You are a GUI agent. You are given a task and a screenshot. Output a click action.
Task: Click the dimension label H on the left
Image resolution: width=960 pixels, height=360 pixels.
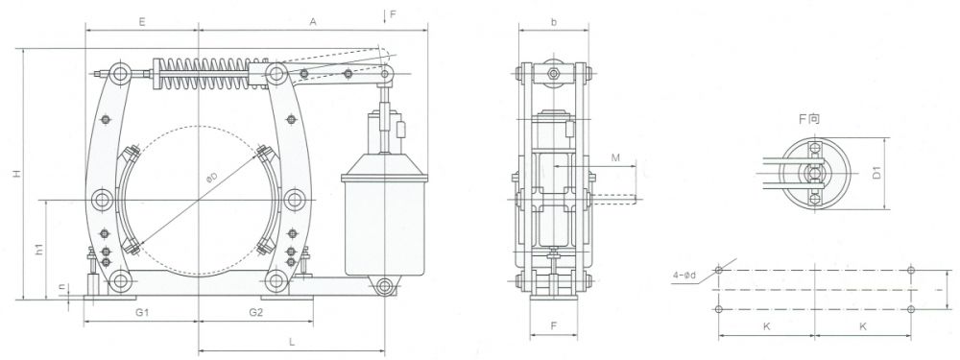[x=17, y=174]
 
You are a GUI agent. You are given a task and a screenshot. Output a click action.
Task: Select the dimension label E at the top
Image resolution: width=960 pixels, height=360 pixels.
[x=141, y=21]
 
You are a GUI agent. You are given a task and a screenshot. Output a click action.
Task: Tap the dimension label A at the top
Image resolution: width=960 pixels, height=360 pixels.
[x=312, y=21]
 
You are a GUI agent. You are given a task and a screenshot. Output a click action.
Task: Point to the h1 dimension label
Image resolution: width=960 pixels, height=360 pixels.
[x=39, y=250]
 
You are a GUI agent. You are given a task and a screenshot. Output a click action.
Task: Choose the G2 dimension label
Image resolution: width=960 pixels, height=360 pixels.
[x=256, y=312]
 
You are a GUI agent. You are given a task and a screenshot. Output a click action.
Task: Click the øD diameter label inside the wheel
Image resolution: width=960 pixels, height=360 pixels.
[x=212, y=179]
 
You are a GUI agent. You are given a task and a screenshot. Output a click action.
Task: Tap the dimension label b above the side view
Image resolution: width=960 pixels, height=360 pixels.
[x=554, y=22]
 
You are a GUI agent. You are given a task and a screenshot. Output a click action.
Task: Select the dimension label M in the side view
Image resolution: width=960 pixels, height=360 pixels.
[x=616, y=157]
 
